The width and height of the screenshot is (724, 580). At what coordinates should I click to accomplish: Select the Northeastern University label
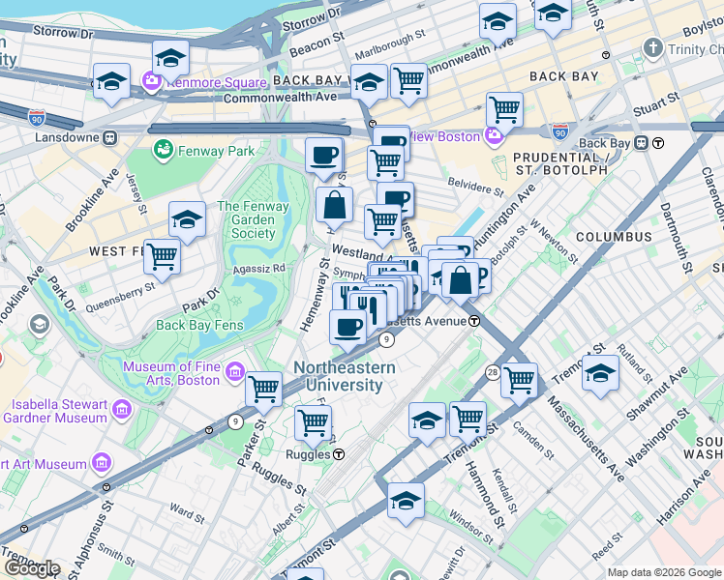(344, 376)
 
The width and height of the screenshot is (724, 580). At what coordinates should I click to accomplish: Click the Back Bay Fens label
(197, 325)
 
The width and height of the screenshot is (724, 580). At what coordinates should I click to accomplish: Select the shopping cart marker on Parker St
(263, 389)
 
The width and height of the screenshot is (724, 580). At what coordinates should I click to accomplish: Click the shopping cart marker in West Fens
(162, 257)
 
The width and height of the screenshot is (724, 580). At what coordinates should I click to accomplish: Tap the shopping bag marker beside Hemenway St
(334, 205)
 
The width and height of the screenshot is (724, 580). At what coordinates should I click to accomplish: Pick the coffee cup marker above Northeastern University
(347, 326)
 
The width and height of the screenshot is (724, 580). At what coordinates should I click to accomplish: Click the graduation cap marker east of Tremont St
(600, 373)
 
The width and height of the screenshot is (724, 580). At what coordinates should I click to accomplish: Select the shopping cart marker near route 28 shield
(520, 379)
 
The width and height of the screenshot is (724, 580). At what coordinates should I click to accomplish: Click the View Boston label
(446, 136)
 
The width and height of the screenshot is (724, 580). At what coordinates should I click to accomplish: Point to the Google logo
(31, 568)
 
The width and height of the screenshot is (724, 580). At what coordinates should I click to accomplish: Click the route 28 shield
(493, 372)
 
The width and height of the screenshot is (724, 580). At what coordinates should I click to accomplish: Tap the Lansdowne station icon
(110, 138)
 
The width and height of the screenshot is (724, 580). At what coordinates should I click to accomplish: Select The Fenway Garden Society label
(253, 219)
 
